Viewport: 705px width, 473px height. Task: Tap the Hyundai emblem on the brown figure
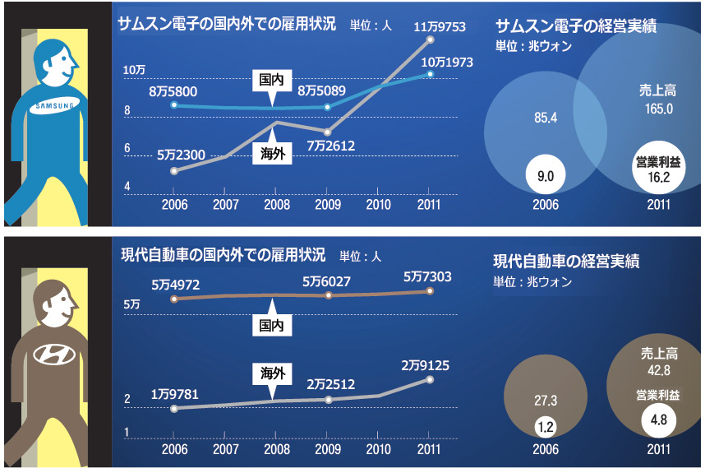(53, 355)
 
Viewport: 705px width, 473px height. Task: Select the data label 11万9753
(439, 27)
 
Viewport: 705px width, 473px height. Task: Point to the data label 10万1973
(448, 62)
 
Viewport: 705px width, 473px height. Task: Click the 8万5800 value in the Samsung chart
(173, 91)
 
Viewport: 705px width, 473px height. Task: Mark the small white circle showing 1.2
(546, 427)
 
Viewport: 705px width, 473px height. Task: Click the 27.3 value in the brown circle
(546, 401)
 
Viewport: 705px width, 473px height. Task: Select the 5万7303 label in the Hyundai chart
(427, 277)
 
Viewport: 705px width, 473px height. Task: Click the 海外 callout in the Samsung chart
(271, 153)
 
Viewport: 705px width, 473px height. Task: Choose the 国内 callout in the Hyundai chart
(271, 326)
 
